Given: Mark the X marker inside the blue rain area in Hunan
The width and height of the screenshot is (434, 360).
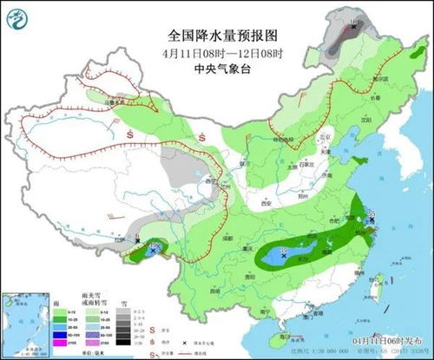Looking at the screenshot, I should [x=283, y=256].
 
